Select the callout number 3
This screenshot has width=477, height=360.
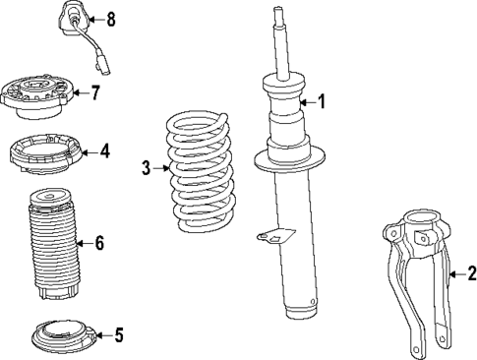click(147, 168)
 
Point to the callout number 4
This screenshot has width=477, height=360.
click(105, 151)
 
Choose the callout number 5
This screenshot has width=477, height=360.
click(118, 335)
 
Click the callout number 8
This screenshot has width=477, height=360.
click(110, 18)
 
